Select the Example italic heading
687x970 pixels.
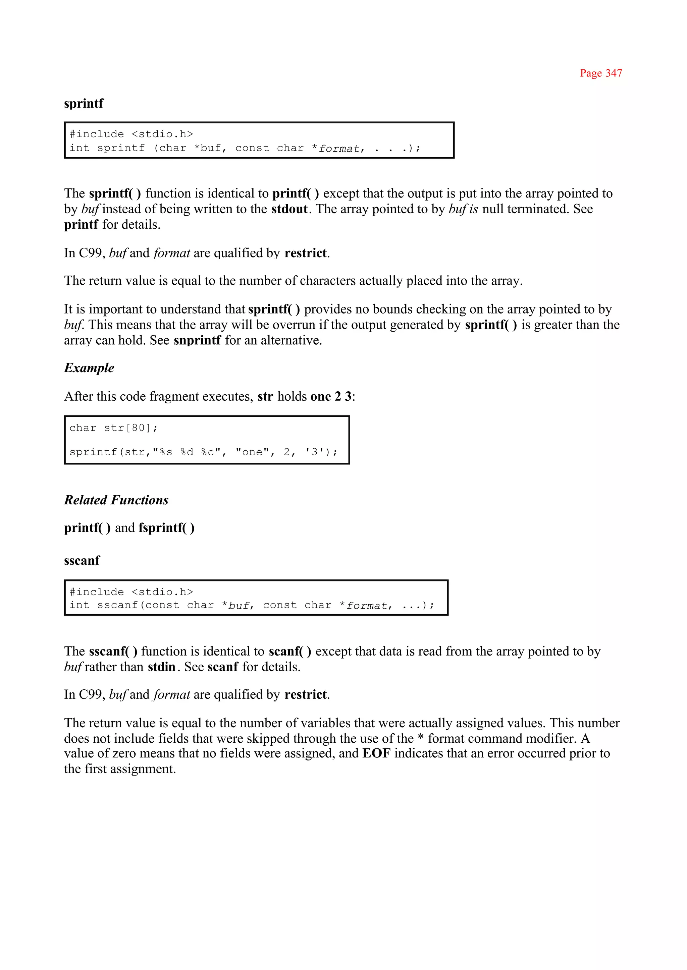click(x=89, y=368)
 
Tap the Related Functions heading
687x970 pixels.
click(x=116, y=500)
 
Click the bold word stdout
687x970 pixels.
click(x=289, y=209)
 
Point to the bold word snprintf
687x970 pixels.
click(x=197, y=340)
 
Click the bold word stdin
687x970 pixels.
click(x=161, y=667)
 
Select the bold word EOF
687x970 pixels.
click(x=376, y=753)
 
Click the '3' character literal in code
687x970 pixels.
click(x=314, y=452)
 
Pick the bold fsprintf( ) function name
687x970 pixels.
click(x=166, y=528)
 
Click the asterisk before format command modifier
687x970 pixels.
click(x=421, y=738)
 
